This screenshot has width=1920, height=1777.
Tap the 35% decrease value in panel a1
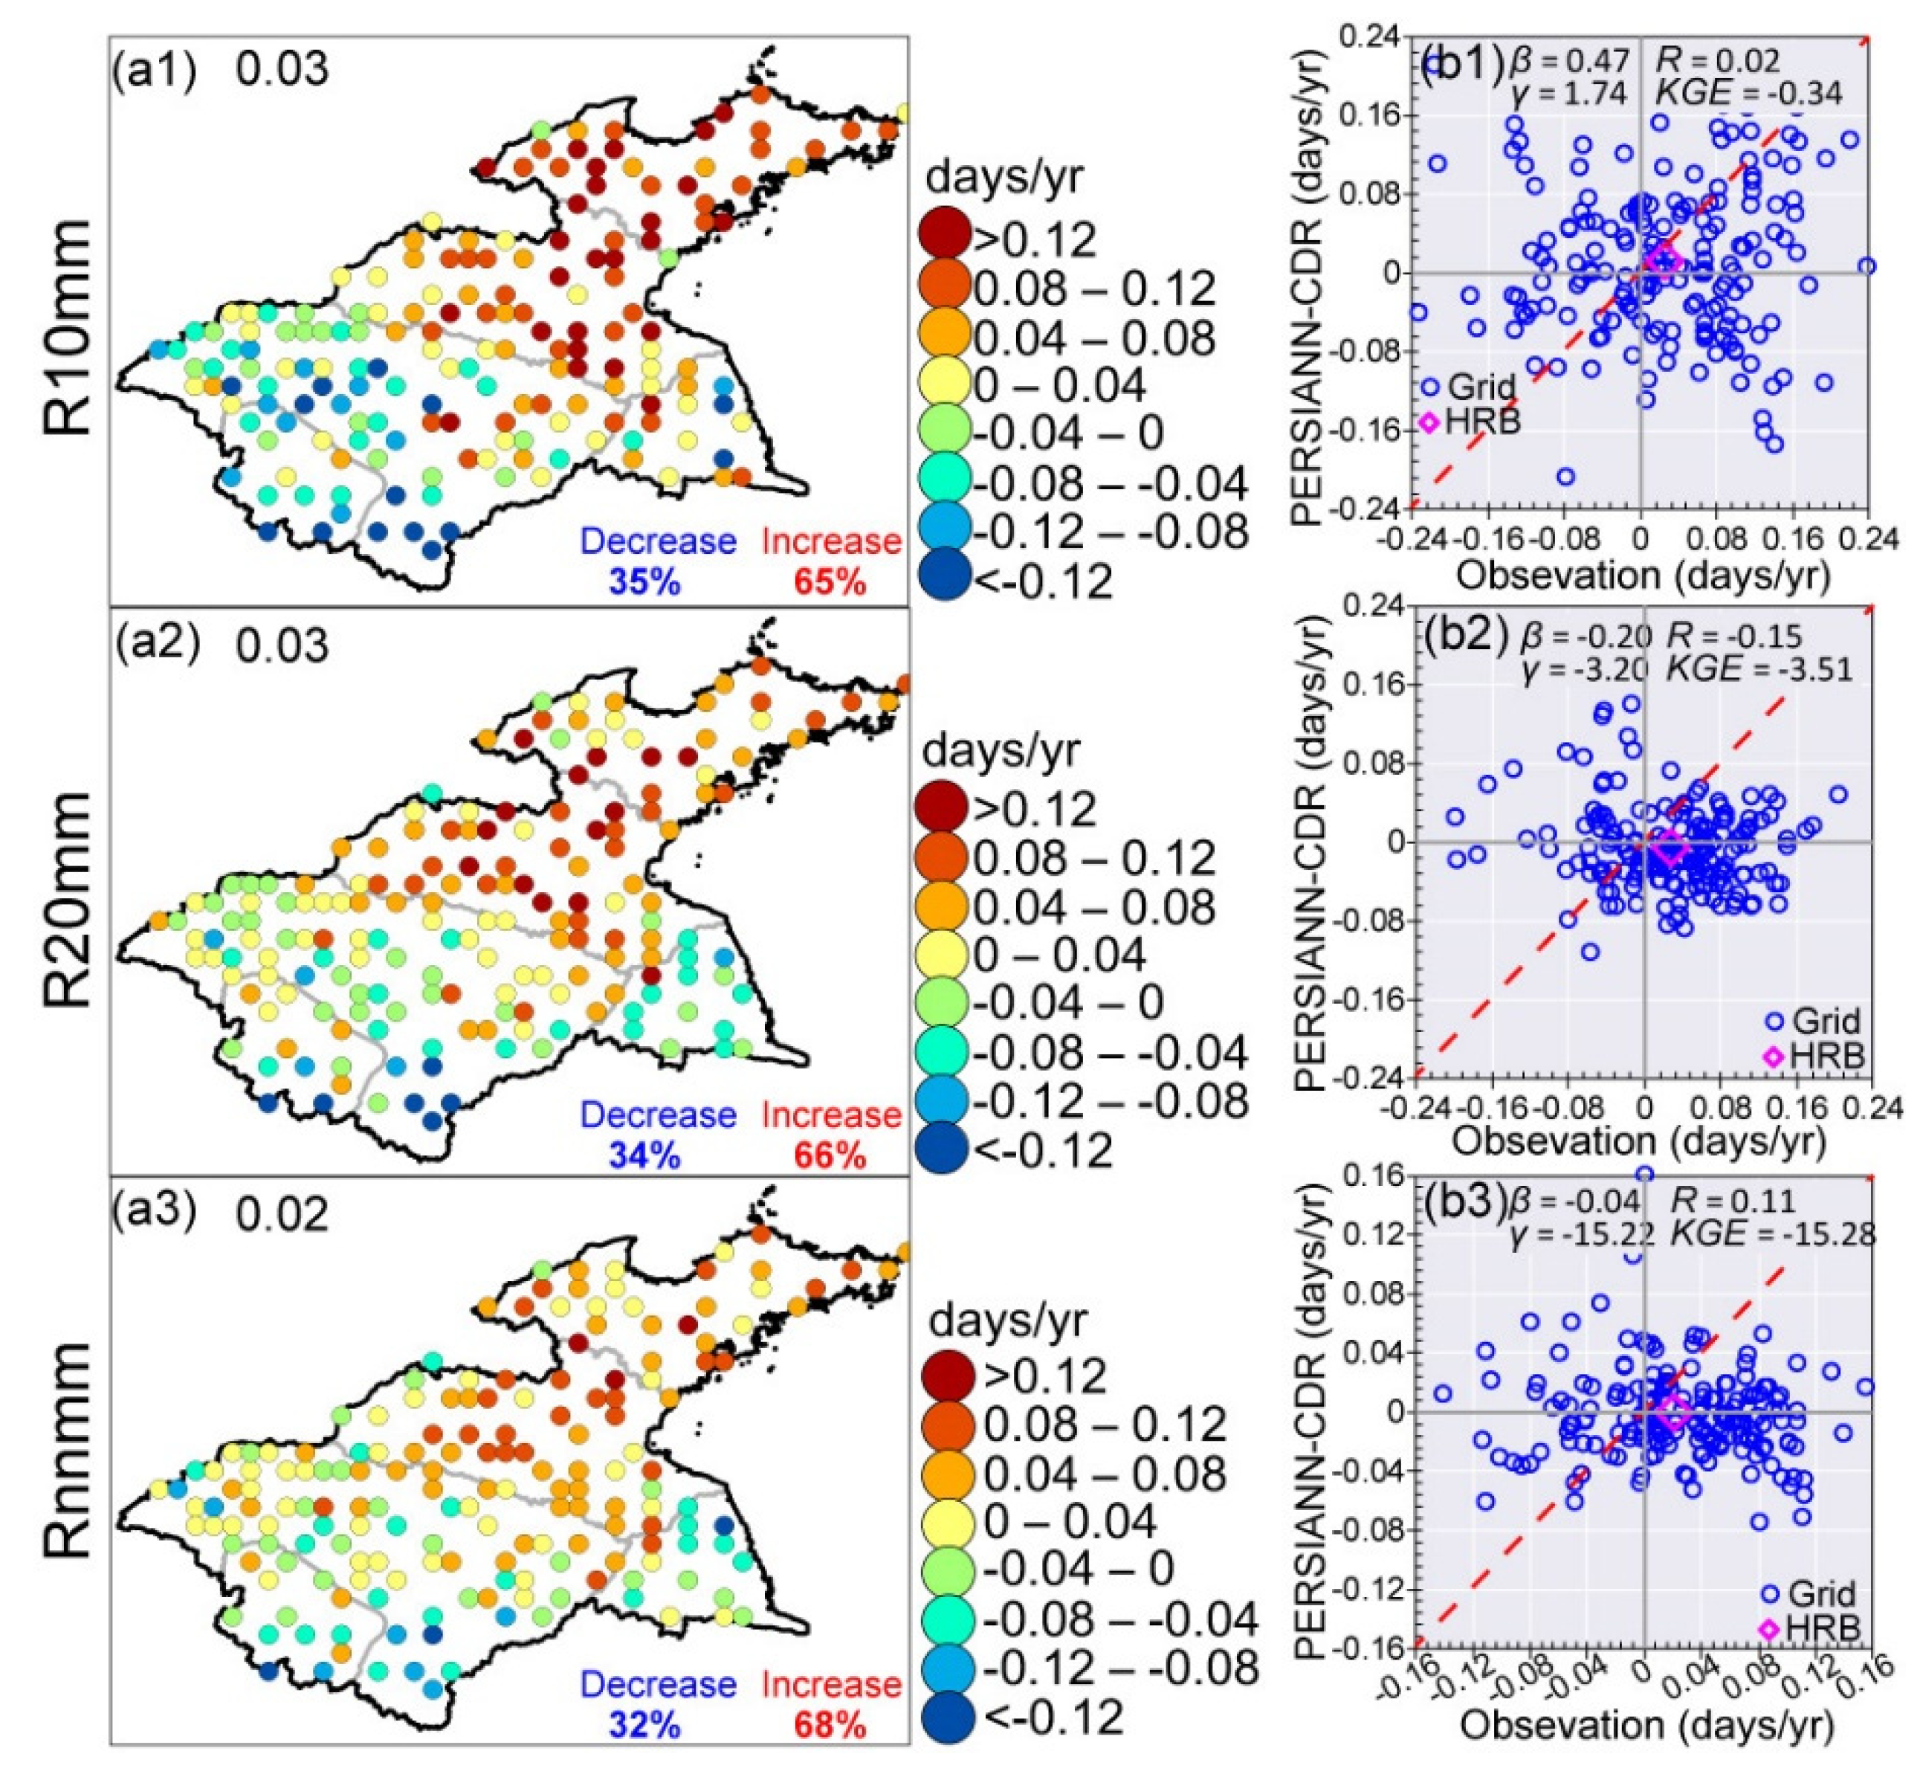pyautogui.click(x=643, y=581)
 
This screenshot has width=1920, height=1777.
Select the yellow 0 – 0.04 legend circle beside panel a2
pyautogui.click(x=943, y=954)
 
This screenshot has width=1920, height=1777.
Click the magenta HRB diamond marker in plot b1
pyautogui.click(x=1661, y=260)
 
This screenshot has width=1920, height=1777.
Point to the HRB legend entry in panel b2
pyautogui.click(x=1817, y=1055)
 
